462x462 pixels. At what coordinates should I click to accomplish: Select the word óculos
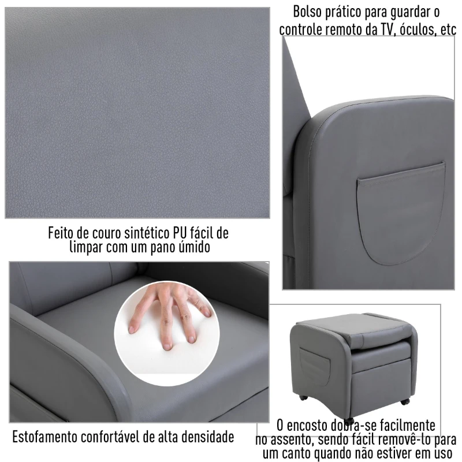[x=417, y=29]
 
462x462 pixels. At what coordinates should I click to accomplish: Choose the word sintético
[x=143, y=233]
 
